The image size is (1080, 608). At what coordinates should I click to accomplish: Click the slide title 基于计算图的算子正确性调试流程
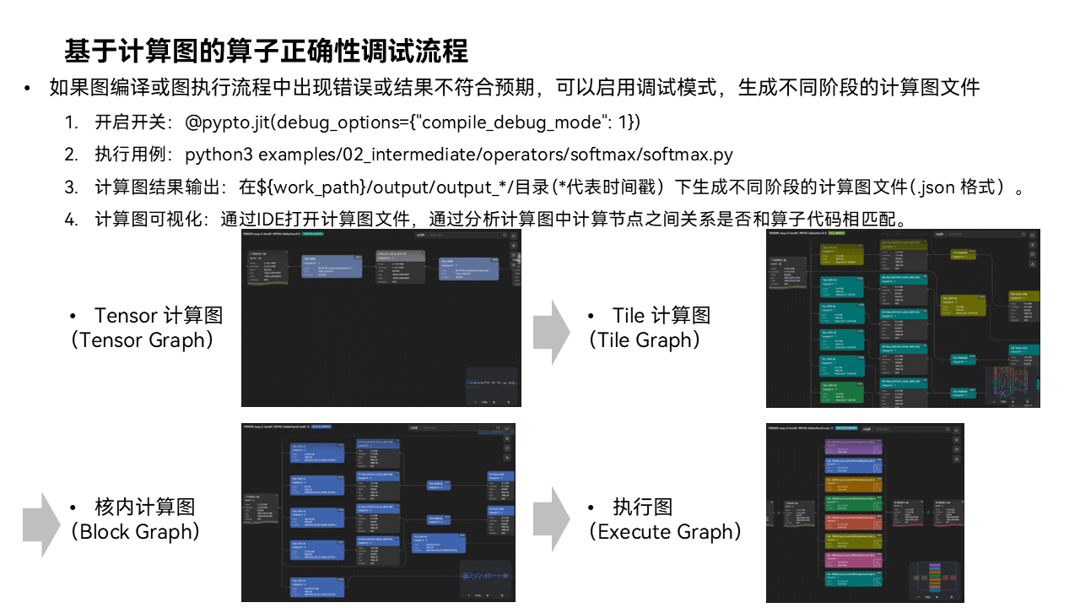[266, 51]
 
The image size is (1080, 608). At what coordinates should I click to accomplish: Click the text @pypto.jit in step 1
[224, 122]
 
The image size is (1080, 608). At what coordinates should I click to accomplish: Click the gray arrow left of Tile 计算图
[553, 330]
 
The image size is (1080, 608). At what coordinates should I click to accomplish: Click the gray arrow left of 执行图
[553, 518]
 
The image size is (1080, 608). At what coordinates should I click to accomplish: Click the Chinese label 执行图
[643, 507]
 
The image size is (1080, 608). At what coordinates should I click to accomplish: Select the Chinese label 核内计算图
[145, 507]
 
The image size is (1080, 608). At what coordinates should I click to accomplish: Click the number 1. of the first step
[72, 122]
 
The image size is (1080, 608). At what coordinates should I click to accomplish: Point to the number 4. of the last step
[72, 220]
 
